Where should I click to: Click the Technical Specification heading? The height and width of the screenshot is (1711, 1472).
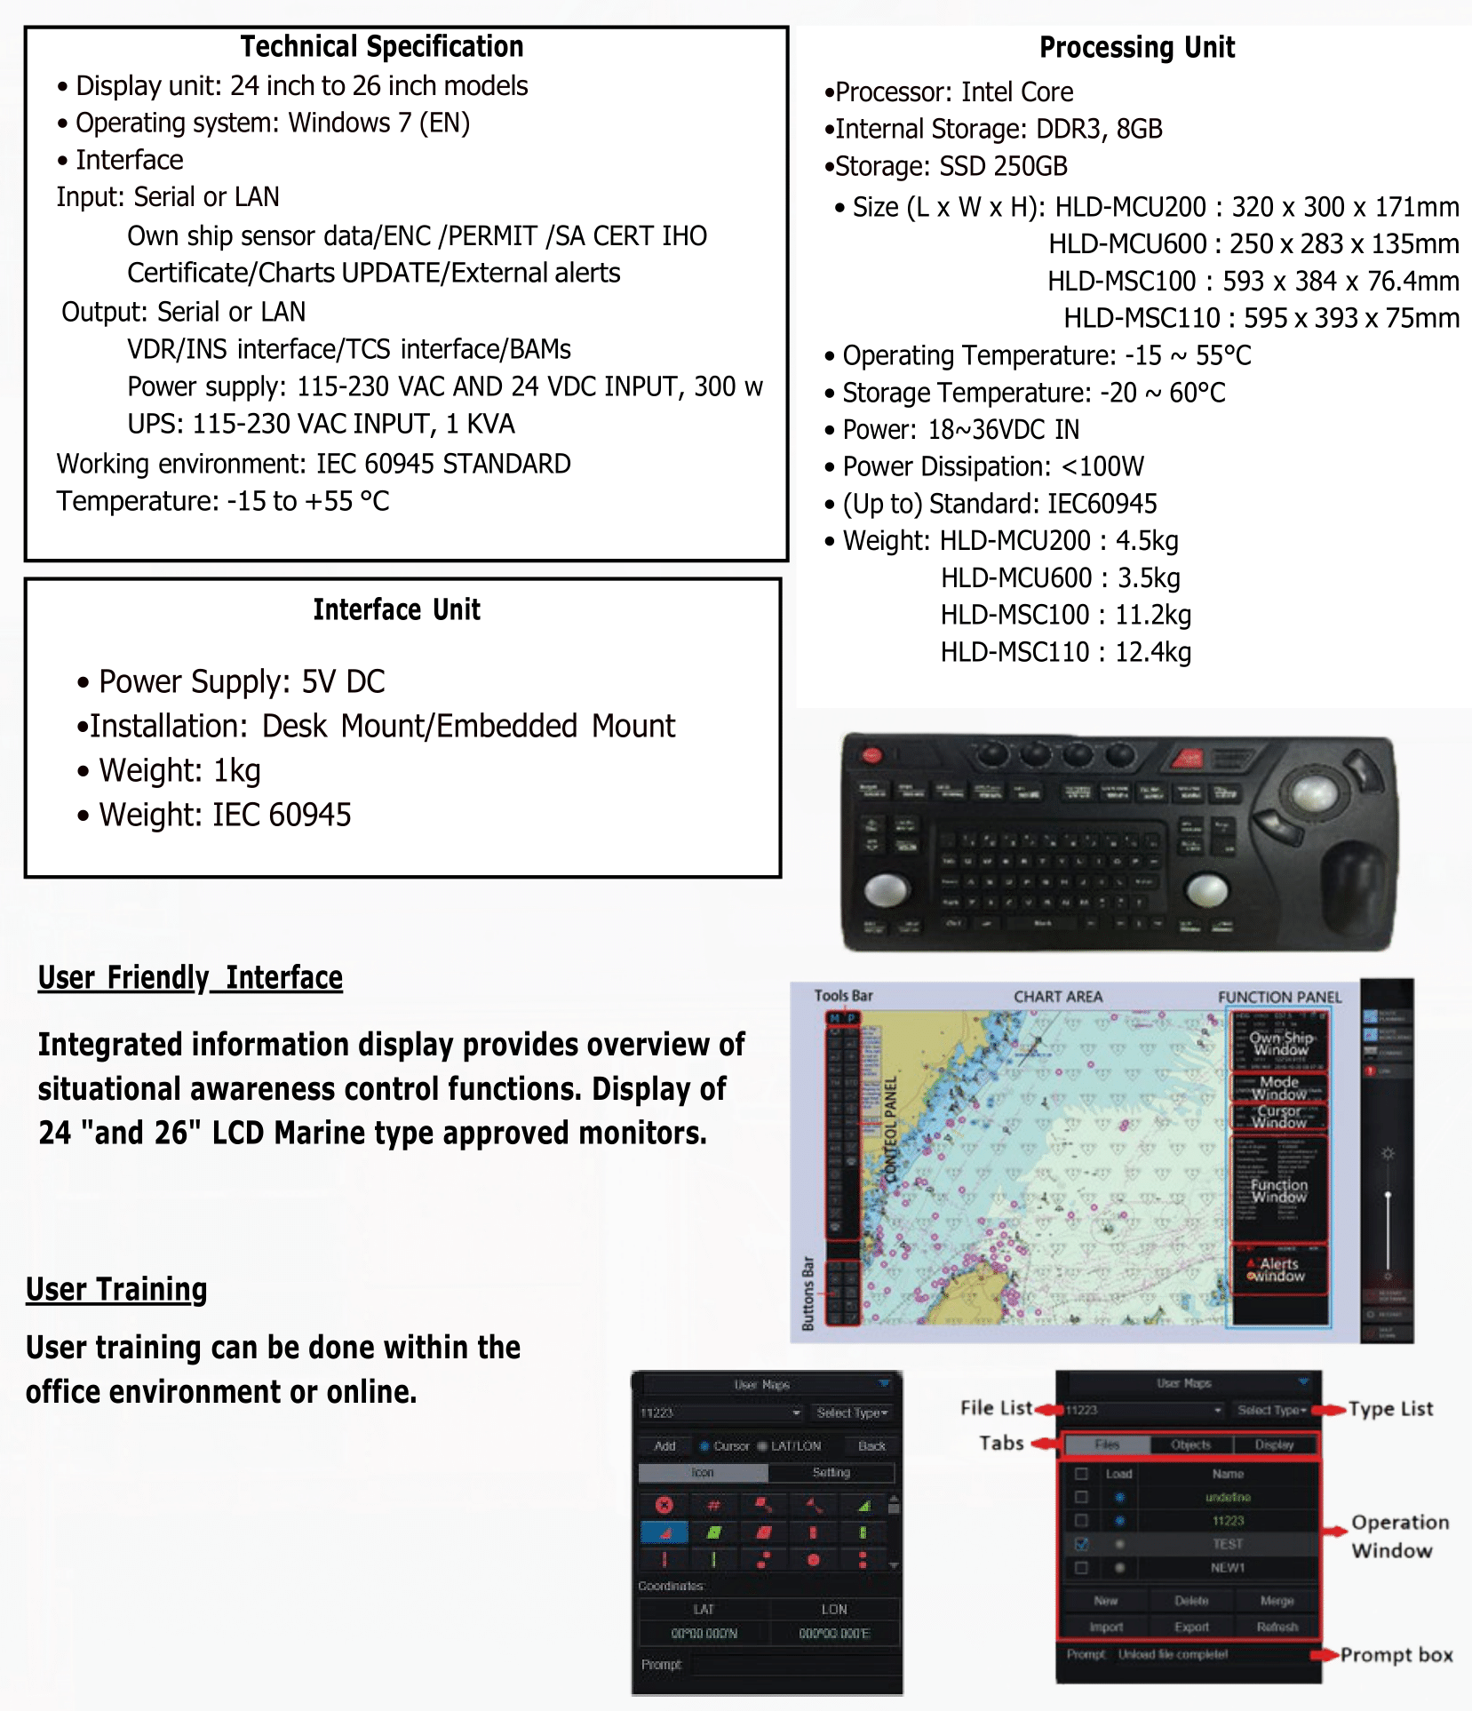(382, 46)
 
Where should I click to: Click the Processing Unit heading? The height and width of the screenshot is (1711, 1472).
(1136, 47)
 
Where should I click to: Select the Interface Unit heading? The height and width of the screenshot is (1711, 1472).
(396, 609)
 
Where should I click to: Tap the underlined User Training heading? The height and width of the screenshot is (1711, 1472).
(116, 1289)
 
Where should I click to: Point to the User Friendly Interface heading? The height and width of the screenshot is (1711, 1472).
(190, 977)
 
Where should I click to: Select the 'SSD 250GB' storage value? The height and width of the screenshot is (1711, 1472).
(1003, 166)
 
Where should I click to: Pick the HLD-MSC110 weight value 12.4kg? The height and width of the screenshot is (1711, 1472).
(1152, 652)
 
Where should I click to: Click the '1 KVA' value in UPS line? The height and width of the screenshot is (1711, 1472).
(480, 424)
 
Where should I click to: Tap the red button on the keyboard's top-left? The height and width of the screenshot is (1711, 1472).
(871, 755)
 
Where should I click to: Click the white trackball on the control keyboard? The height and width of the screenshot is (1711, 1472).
(1314, 787)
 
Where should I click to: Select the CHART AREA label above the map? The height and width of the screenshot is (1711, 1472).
(1057, 997)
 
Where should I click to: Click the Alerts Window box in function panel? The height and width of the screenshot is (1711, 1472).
(1278, 1269)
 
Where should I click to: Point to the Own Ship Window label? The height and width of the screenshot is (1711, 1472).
(1280, 1044)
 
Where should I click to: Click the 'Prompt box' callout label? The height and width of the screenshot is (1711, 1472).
(1396, 1655)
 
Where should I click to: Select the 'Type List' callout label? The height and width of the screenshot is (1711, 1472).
(1390, 1409)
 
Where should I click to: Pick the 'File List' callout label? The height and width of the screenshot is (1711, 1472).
(996, 1408)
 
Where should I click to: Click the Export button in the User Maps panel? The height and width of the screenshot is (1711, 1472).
(1191, 1627)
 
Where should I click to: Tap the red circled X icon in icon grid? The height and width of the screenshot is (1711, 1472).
(664, 1505)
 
